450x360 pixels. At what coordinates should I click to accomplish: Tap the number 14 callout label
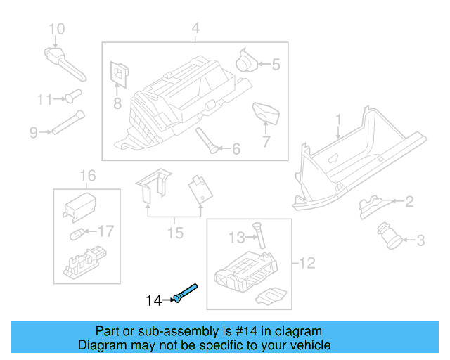tap(153, 301)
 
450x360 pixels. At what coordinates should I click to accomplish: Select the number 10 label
tap(56, 29)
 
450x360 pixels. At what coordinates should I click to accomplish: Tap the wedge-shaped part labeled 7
tap(265, 110)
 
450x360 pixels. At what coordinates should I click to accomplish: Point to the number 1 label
tap(337, 120)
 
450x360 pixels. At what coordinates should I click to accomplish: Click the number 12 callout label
tap(307, 264)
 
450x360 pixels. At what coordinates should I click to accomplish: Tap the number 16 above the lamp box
tap(86, 175)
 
